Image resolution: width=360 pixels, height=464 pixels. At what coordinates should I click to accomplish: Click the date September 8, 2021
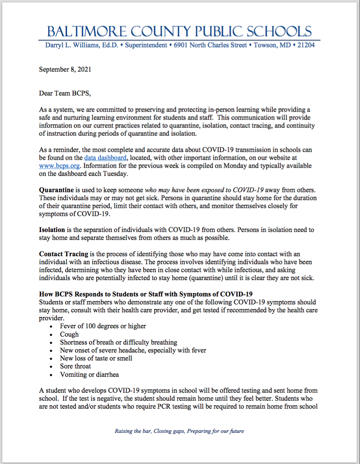pos(65,69)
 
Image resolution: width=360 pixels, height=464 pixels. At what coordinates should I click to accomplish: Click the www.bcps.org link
pos(57,165)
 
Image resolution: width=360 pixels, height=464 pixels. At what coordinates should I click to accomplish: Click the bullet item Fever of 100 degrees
pos(103,326)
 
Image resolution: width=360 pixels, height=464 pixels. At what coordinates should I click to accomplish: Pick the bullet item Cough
pos(69,334)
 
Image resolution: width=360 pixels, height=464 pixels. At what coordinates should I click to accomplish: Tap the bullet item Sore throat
pos(75,366)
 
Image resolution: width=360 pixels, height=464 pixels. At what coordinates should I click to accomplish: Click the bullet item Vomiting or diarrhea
pos(89,375)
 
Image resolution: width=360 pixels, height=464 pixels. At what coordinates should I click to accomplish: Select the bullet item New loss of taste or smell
pos(96,358)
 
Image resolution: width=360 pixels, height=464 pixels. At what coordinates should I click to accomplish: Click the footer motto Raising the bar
pos(180,431)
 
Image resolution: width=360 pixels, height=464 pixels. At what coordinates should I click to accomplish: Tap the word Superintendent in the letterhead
pos(146,45)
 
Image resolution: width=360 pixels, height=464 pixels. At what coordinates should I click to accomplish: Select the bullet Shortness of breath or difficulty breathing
pos(118,342)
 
